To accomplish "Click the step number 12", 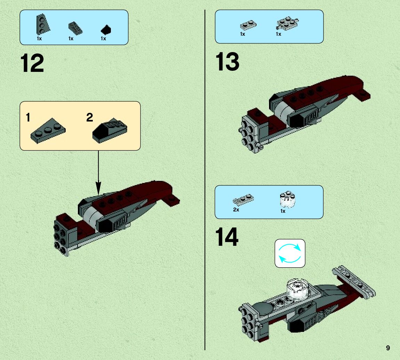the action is pos(32,63).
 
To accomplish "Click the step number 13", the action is pos(228,61).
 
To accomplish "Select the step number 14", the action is pos(227,237).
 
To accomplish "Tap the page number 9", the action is pos(388,348).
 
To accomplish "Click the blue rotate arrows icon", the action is pos(290,253).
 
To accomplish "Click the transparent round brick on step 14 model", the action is pos(297,288).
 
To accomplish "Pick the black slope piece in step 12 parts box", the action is pos(106,30).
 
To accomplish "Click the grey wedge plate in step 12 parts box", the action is pos(42,24).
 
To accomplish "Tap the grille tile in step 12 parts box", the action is pos(75,28).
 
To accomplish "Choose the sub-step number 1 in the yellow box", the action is pos(28,117).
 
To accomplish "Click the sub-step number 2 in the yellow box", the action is pos(90,117).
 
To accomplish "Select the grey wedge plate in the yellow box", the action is pos(48,131).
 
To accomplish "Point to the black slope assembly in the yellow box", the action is pos(110,131).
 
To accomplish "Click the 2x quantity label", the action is pos(236,210).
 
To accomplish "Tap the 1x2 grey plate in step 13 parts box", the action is pos(248,25).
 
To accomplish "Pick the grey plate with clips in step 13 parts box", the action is pos(287,23).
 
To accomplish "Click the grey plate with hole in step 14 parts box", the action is pos(243,200).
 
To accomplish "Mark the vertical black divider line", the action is pos(205,180).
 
